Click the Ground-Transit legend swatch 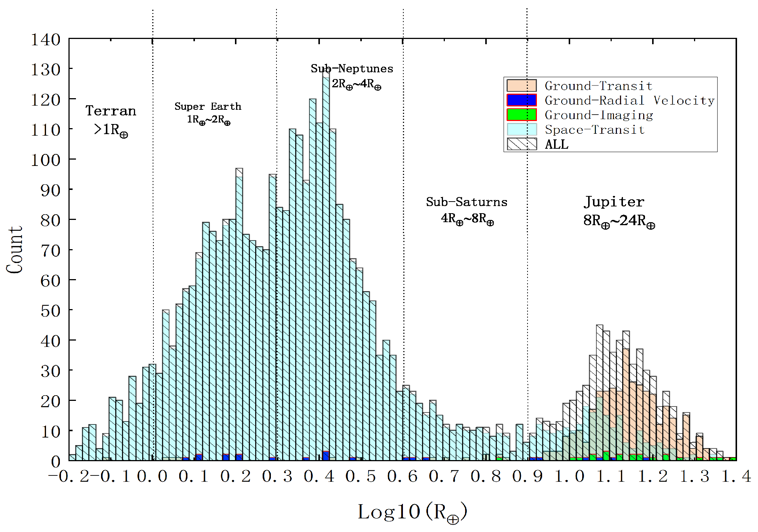[x=522, y=85]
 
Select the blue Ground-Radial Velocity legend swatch [x=522, y=100]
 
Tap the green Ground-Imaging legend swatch [x=522, y=115]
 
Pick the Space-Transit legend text [x=595, y=130]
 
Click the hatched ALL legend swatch [x=522, y=144]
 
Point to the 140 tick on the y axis [x=45, y=40]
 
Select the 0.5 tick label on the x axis [x=360, y=477]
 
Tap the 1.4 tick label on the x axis [x=736, y=477]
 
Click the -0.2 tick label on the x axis [x=69, y=477]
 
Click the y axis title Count [x=15, y=250]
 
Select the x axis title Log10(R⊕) [x=412, y=512]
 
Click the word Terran [x=111, y=111]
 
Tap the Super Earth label [x=208, y=106]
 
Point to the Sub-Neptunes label [x=352, y=69]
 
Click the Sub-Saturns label [x=467, y=202]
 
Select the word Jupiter [x=614, y=202]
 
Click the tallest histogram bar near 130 [x=326, y=262]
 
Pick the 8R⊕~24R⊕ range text [x=619, y=221]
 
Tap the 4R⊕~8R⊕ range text [x=467, y=218]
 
